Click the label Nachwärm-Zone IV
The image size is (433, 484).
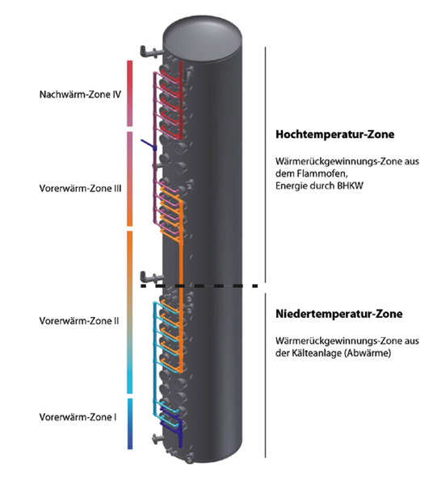[80, 94]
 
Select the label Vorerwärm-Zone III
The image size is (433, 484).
[80, 188]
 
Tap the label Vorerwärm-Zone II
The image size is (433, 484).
[79, 321]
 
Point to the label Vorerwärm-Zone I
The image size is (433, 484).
[78, 417]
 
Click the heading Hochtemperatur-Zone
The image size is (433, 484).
[335, 134]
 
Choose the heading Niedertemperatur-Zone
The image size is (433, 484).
[339, 314]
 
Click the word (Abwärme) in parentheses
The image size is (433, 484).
[368, 353]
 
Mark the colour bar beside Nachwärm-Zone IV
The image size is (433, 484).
[130, 94]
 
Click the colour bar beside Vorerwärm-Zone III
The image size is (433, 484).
[130, 179]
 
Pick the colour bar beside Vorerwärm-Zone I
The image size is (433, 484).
[130, 423]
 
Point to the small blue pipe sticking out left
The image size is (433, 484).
[149, 145]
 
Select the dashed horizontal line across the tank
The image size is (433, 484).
[199, 286]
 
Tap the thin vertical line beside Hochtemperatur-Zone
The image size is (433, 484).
[265, 165]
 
